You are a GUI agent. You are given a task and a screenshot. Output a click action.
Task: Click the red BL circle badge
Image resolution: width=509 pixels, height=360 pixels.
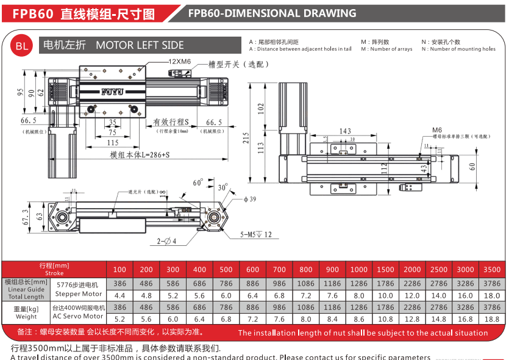(21, 46)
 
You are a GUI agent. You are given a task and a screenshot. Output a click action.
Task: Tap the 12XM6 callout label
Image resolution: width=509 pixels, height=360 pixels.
(179, 62)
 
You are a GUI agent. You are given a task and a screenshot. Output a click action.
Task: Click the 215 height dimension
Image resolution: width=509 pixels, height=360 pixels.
(246, 139)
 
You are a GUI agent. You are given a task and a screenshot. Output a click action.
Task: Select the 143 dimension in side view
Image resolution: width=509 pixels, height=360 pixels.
(345, 131)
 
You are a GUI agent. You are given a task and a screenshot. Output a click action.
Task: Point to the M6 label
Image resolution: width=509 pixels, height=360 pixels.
(437, 130)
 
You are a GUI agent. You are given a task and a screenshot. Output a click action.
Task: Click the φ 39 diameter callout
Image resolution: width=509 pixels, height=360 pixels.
(249, 200)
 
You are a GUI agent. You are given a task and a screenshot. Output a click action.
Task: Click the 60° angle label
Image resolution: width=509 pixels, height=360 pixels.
(198, 182)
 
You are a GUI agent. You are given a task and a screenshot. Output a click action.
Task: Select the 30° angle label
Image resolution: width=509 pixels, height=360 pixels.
(222, 187)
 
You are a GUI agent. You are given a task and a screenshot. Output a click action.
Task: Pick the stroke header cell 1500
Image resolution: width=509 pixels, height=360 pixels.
(385, 270)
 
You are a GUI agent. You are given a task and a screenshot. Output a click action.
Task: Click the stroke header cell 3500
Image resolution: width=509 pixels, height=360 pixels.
(491, 270)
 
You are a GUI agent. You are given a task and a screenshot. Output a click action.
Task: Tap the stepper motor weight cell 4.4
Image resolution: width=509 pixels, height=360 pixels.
(120, 295)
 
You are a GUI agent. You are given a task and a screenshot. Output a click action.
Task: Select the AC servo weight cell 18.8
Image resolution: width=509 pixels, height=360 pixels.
(491, 319)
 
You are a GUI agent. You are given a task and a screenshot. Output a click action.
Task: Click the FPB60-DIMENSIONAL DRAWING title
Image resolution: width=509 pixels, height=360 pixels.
(272, 13)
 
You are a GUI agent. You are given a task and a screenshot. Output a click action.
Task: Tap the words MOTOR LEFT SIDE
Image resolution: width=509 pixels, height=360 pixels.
(140, 45)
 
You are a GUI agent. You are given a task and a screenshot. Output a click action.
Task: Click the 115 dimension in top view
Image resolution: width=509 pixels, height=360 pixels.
(113, 142)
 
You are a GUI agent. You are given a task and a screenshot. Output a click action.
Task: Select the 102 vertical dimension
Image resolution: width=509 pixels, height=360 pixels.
(262, 109)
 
